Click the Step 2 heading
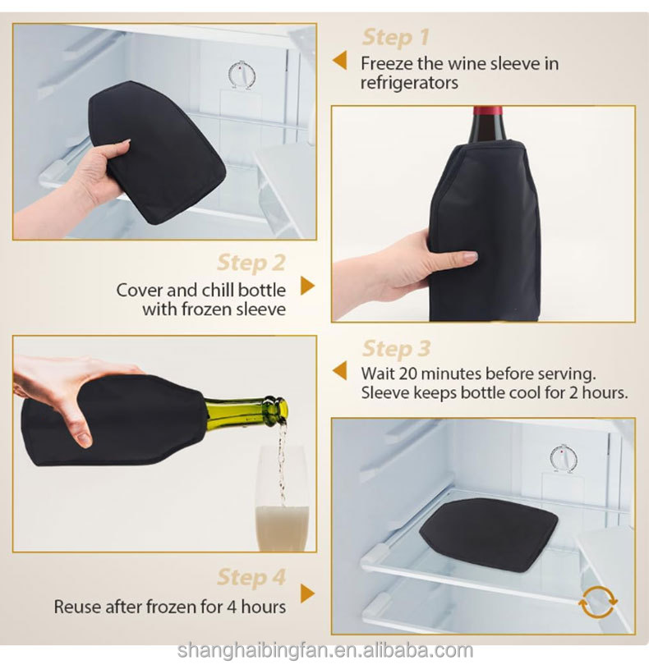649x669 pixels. (x=251, y=263)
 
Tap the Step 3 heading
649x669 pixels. (x=396, y=349)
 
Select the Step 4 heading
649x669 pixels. (x=251, y=577)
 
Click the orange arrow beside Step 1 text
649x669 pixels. (x=338, y=62)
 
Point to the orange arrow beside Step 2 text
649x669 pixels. (x=307, y=286)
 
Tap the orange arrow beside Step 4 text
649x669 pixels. (x=307, y=594)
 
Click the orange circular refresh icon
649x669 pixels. (x=597, y=603)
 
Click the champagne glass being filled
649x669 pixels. (x=282, y=505)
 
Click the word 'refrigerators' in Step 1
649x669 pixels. (x=409, y=83)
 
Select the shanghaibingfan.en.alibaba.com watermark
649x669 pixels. (x=324, y=651)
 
